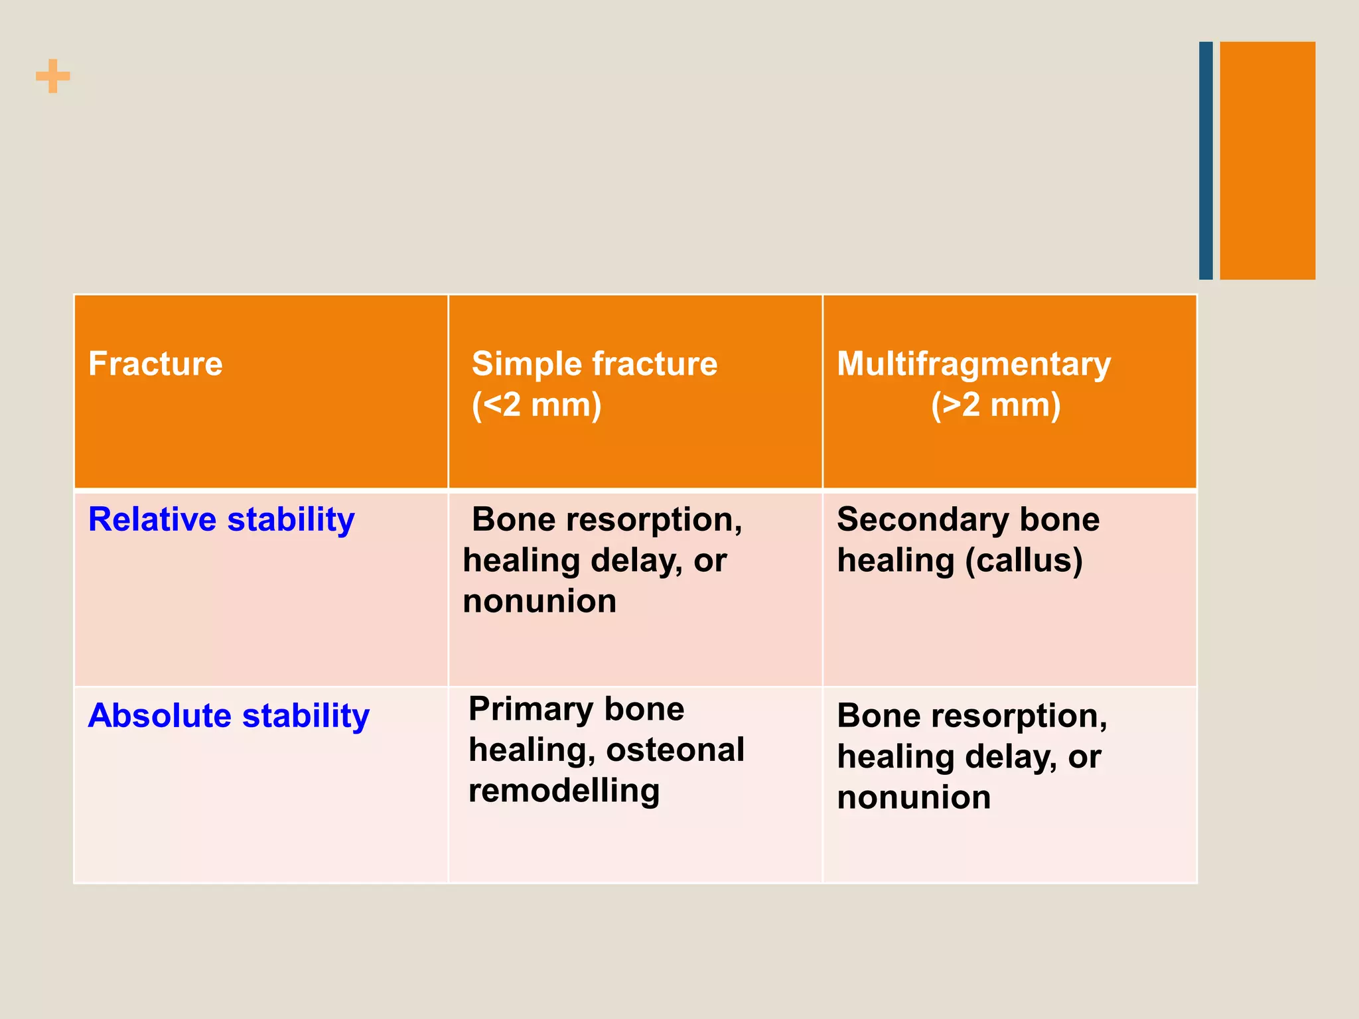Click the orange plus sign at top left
click(53, 76)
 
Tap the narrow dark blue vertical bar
click(1206, 161)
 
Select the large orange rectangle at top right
click(1267, 161)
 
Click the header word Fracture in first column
click(155, 364)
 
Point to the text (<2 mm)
click(536, 405)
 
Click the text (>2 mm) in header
click(995, 405)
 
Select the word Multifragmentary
click(973, 364)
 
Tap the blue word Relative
click(153, 519)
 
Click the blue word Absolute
click(159, 715)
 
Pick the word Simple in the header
click(526, 364)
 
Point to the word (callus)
click(1024, 561)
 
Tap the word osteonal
click(675, 750)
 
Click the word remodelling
click(564, 790)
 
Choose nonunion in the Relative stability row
click(539, 601)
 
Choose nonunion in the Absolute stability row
click(914, 797)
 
